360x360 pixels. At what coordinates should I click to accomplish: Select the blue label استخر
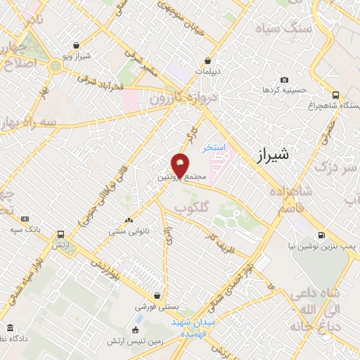[212, 148]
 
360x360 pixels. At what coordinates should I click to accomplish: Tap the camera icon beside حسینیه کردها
[284, 80]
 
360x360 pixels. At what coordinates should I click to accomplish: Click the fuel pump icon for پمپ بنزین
[321, 235]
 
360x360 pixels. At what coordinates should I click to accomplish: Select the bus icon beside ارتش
[61, 234]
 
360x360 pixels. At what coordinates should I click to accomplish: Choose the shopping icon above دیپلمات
[208, 60]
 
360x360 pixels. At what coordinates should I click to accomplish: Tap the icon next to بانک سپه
[25, 219]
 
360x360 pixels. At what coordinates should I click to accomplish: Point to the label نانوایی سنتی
[127, 230]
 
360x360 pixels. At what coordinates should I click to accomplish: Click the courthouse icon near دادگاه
[10, 328]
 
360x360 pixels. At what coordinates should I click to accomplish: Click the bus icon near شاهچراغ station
[336, 94]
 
